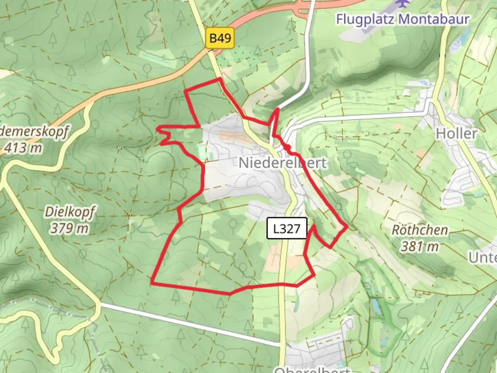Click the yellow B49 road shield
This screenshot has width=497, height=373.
[x=220, y=38]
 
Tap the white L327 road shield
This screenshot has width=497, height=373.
[x=286, y=228]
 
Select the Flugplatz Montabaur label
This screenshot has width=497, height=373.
[x=403, y=19]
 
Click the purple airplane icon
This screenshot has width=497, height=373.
[x=402, y=3]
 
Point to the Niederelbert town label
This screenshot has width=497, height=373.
[x=282, y=163]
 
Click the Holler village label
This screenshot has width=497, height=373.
[x=456, y=133]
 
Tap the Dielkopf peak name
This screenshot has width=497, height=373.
[x=70, y=212]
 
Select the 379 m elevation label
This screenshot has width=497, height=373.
[x=69, y=228]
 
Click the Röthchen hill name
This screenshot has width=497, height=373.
[x=420, y=230]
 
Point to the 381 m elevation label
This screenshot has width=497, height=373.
[x=420, y=246]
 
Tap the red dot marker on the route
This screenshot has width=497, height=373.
[x=287, y=148]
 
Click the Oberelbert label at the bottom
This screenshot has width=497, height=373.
[x=312, y=370]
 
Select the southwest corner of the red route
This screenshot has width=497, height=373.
[x=152, y=283]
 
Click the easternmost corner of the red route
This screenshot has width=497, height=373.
[x=347, y=227]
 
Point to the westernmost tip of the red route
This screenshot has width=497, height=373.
[x=157, y=129]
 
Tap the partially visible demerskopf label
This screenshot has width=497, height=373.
[x=35, y=132]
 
